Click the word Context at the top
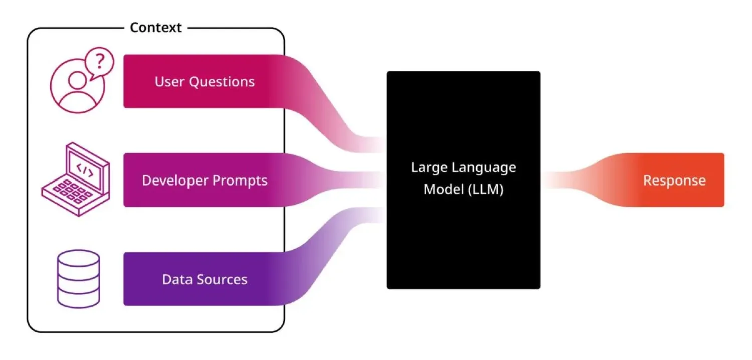pos(155,27)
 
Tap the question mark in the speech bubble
pos(100,61)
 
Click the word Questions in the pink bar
pos(222,82)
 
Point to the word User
pos(170,82)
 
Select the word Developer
pos(170,181)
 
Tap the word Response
pos(674,181)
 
